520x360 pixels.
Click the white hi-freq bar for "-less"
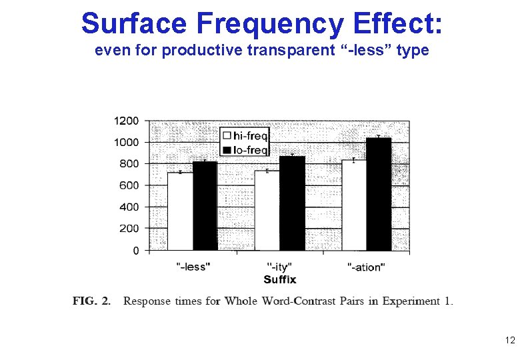click(x=179, y=211)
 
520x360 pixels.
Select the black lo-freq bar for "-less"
click(x=205, y=206)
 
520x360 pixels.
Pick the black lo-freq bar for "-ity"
click(x=292, y=203)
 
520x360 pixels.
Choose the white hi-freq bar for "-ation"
click(x=353, y=205)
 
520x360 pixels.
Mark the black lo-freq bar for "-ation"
click(x=379, y=194)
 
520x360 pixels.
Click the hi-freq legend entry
click(x=245, y=137)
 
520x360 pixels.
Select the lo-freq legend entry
click(x=245, y=150)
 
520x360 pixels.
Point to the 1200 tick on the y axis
click(x=127, y=121)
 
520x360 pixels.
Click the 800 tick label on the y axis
click(x=129, y=163)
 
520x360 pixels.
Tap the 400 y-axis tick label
click(x=129, y=207)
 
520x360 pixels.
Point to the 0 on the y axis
click(x=136, y=251)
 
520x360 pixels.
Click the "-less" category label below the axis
click(x=193, y=267)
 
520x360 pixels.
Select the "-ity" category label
click(x=279, y=267)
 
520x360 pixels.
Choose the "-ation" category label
click(x=366, y=267)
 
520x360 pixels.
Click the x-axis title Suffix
click(x=280, y=279)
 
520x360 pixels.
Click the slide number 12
click(x=509, y=341)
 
